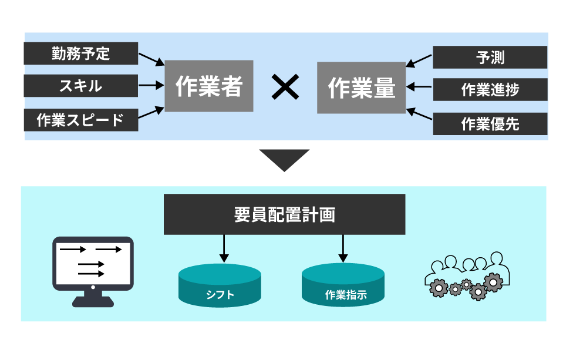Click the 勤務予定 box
(x=81, y=53)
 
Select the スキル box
(x=81, y=86)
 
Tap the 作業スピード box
(x=81, y=120)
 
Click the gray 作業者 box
(x=209, y=86)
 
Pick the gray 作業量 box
(x=362, y=88)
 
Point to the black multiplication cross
(x=285, y=88)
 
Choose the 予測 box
(x=490, y=58)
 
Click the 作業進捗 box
(x=490, y=90)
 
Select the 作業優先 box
(x=490, y=124)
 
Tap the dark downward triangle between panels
(x=285, y=159)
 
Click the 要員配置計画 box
(x=285, y=214)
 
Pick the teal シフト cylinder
(x=220, y=285)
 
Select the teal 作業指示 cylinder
(x=343, y=285)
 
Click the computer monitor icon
(x=93, y=270)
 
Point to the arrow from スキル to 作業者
(x=151, y=86)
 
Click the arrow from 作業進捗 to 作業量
(x=419, y=87)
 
